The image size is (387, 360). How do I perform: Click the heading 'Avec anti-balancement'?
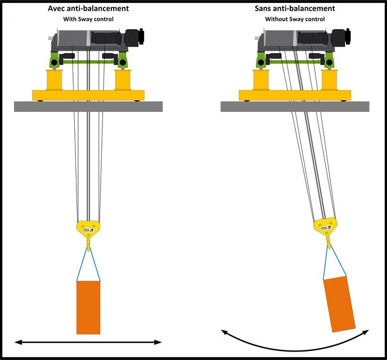[x=88, y=8]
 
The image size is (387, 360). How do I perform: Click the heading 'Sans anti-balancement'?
[x=295, y=8]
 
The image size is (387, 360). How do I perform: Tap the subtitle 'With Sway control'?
[x=88, y=19]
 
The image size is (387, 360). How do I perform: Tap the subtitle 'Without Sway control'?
[x=295, y=19]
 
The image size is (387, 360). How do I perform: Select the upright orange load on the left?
[x=88, y=307]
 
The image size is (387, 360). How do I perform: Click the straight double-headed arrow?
[x=88, y=342]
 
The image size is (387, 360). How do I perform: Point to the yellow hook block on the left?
[x=88, y=228]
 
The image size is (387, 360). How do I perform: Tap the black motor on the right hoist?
[x=338, y=37]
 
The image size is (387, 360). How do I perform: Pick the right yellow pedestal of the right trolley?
[x=330, y=80]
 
